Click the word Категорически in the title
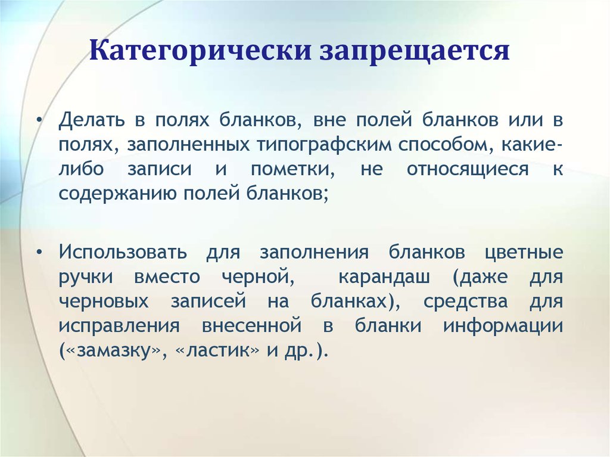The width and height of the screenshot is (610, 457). pos(200,50)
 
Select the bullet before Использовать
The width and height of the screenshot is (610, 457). pos(39,252)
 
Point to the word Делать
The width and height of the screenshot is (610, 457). pos(92,120)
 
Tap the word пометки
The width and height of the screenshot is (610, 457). pos(292,169)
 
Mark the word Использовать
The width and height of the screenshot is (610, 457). pos(123,252)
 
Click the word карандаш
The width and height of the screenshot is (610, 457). pos(384,278)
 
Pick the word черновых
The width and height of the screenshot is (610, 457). pos(104,301)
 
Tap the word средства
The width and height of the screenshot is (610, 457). pos(465,302)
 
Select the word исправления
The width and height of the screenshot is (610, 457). pos(119,326)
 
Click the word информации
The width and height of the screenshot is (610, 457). pos(503,326)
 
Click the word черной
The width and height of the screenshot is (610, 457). pos(257,278)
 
